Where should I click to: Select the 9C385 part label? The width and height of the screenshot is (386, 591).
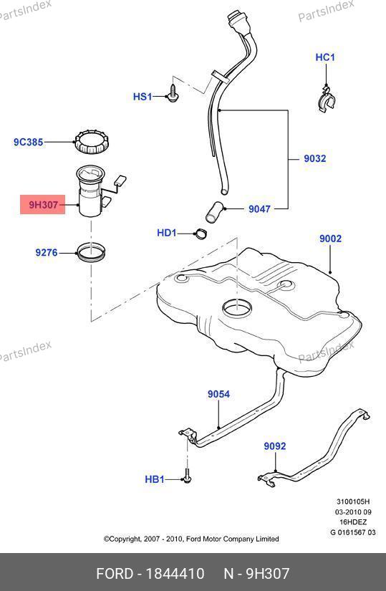coord(28,142)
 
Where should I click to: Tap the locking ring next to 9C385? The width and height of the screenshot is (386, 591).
coord(92,142)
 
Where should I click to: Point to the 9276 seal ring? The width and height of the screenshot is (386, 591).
coord(91,253)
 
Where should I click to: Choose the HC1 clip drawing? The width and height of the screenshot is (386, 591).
coord(326,100)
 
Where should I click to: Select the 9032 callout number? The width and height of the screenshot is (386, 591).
coord(315,158)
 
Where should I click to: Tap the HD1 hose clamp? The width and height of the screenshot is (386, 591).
coord(201,234)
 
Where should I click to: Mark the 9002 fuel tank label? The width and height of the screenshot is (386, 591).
coord(331,239)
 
